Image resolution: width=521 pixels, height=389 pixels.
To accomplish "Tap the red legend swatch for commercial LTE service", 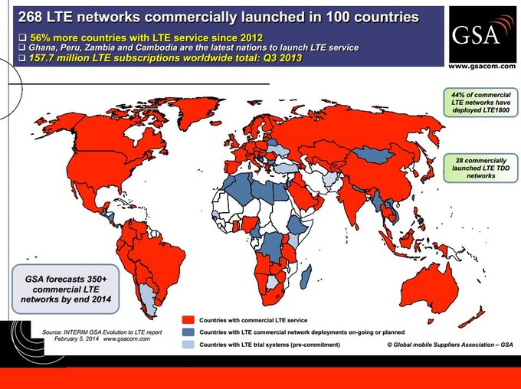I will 187,319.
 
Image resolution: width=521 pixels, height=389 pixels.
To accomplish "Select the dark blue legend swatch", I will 187,332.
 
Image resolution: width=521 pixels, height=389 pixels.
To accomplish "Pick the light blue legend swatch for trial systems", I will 187,345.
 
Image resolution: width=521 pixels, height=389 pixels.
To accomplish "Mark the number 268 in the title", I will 31,15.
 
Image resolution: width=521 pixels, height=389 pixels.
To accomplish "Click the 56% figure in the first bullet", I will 39,38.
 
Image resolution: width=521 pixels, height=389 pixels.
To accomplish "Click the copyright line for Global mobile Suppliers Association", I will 449,345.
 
